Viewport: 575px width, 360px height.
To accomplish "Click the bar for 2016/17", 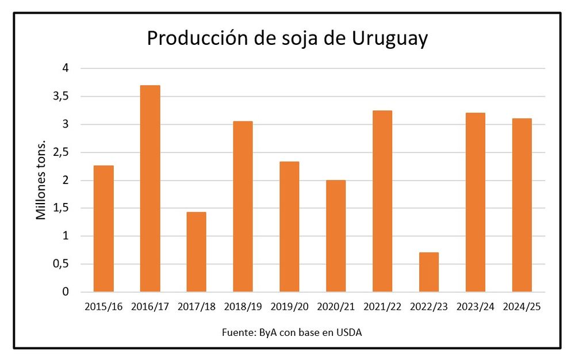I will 150,189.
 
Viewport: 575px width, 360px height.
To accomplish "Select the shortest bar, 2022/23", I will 429,272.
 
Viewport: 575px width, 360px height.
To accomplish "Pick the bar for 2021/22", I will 382,201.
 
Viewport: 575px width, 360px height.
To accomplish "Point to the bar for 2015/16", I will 103,229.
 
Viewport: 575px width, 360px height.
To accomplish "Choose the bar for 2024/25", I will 522,205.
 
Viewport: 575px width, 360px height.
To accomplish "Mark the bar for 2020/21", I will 336,236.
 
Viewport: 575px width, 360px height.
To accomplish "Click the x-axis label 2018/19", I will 243,307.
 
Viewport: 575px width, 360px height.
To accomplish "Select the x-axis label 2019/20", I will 289,307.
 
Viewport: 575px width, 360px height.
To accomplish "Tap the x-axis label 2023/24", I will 475,307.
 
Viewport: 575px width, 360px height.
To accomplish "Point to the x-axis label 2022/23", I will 429,307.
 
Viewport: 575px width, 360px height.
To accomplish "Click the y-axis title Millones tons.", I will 41,179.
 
